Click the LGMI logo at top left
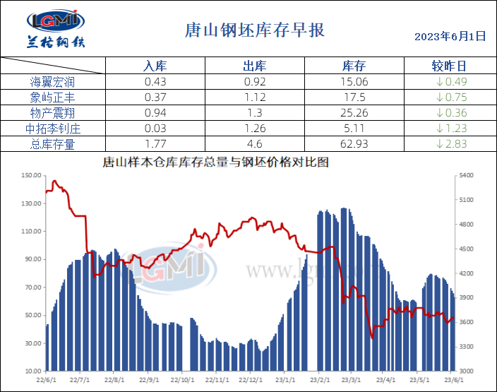click(x=55, y=29)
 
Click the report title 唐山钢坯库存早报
click(x=254, y=30)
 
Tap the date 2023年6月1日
click(x=450, y=36)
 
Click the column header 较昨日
click(x=448, y=66)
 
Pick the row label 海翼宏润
click(x=53, y=82)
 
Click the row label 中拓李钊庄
click(x=53, y=129)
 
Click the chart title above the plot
click(x=216, y=162)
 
